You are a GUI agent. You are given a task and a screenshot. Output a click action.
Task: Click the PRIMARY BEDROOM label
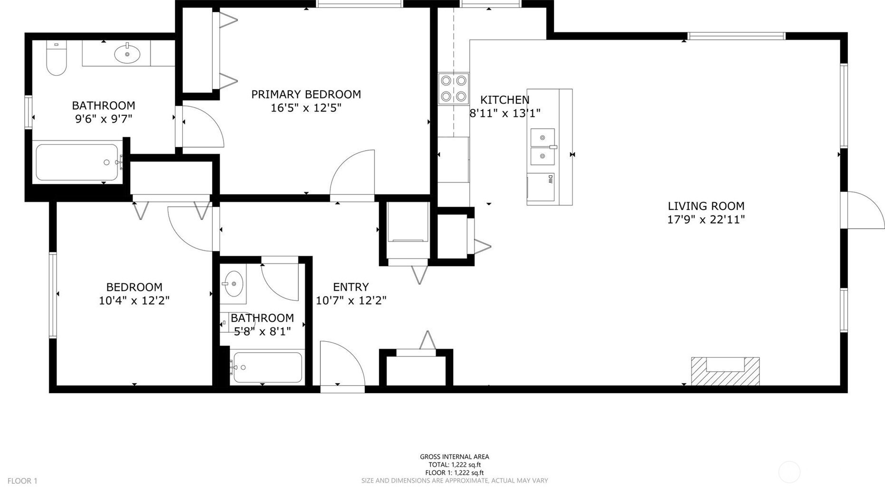[x=306, y=94]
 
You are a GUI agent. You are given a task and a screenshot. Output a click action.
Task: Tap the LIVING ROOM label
[x=706, y=206]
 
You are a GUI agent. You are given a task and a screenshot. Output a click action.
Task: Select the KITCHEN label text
[x=504, y=100]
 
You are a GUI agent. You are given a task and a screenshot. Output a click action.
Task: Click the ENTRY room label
[x=351, y=287]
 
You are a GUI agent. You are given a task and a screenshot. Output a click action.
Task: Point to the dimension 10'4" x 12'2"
[x=134, y=300]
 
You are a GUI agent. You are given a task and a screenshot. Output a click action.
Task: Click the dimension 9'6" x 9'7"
[x=104, y=119]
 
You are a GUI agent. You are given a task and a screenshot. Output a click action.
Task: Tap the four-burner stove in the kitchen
[x=454, y=89]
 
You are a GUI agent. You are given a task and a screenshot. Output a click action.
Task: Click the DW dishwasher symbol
[x=541, y=187]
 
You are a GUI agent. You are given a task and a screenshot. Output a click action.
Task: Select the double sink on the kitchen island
[x=542, y=147]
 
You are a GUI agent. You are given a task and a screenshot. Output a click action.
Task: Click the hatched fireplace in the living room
[x=725, y=371]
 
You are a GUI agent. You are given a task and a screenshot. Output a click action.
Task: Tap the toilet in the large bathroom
[x=56, y=58]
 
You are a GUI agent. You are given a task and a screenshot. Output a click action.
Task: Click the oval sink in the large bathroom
[x=127, y=54]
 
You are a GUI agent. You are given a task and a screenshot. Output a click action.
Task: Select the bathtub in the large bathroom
[x=77, y=162]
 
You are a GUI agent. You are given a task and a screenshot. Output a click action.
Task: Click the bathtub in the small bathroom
[x=267, y=367]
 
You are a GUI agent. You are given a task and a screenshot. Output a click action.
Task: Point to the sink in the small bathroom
[x=234, y=284]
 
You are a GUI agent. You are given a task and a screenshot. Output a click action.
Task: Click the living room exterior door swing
[x=862, y=210]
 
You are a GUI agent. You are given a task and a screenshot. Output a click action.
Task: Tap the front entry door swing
[x=343, y=366]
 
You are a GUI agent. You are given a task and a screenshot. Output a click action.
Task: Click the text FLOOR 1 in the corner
[x=22, y=481]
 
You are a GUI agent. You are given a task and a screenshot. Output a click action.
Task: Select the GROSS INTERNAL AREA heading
[x=454, y=457]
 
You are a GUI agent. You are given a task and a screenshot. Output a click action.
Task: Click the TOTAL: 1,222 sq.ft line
[x=455, y=465]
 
